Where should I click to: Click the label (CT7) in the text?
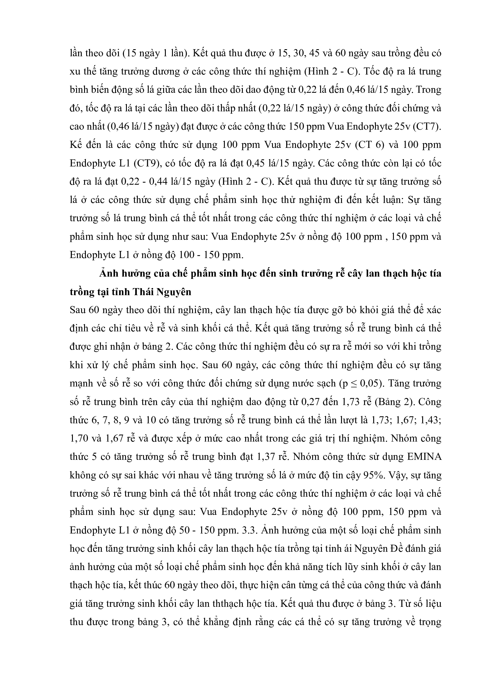427,127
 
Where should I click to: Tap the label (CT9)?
147,163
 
